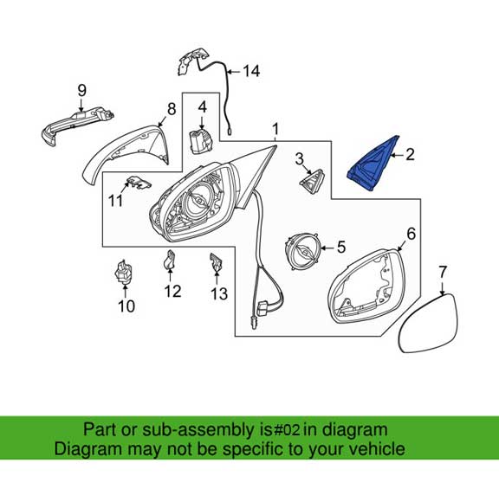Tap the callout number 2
(410, 155)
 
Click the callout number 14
(250, 72)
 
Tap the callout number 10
(126, 306)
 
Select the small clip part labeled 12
(172, 260)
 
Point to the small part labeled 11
(137, 183)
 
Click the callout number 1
(275, 131)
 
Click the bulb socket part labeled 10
(125, 274)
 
